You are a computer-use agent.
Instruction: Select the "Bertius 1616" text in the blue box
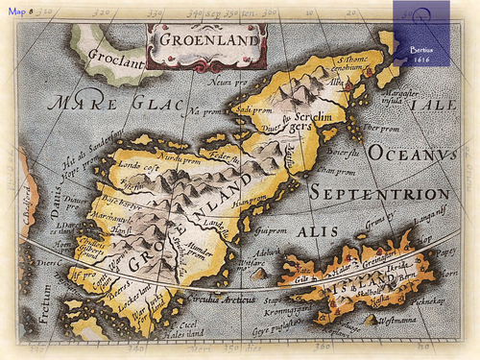pyautogui.click(x=423, y=53)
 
